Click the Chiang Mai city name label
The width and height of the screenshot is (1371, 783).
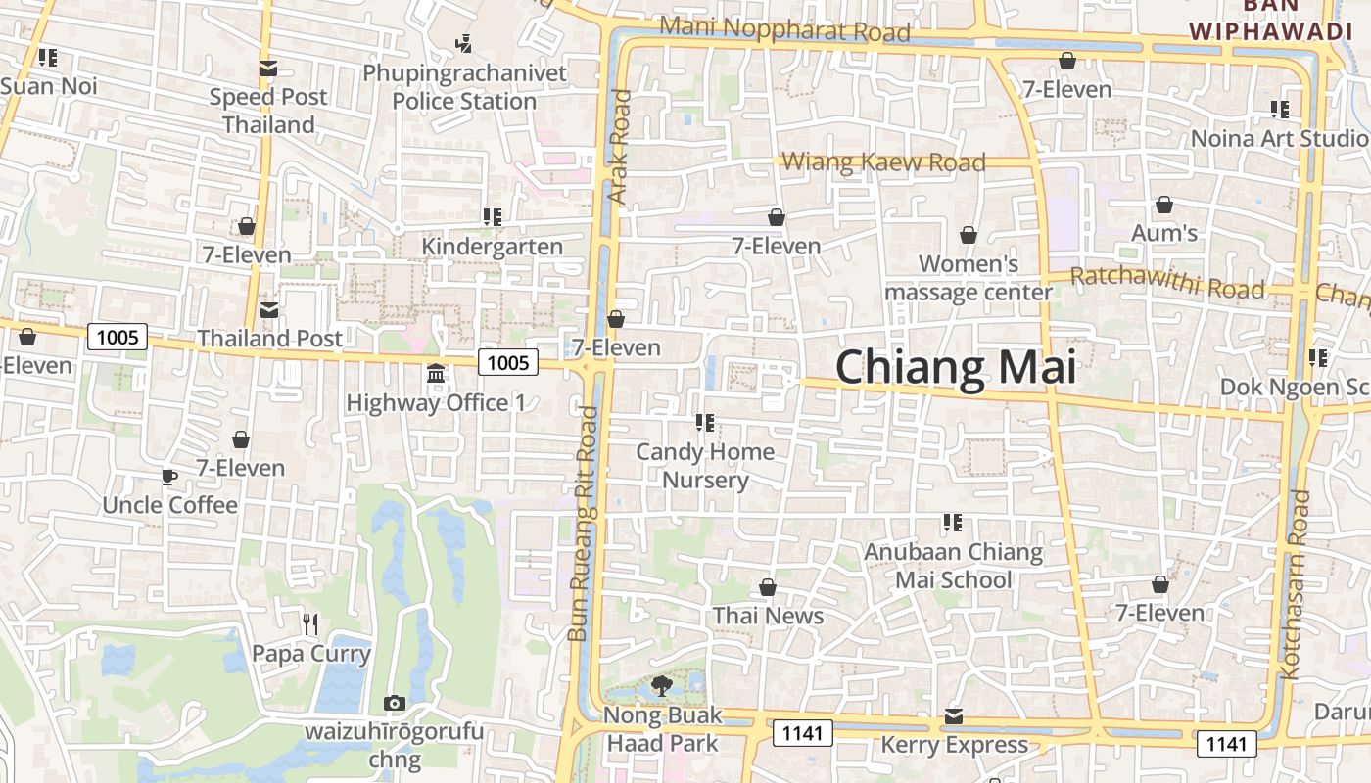coord(955,367)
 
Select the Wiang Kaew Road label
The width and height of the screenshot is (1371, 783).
coord(884,161)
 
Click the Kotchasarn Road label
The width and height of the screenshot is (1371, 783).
coord(1295,584)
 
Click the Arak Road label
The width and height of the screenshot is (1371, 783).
coord(619,147)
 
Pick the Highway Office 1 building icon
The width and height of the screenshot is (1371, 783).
coord(436,373)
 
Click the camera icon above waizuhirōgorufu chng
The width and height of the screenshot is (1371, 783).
coord(395,703)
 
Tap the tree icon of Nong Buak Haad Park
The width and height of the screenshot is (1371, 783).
coord(662,685)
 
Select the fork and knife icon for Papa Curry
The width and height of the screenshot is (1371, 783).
coord(310,623)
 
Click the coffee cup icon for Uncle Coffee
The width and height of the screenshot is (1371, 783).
coord(169,477)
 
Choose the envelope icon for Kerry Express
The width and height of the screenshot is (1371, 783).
coord(954,716)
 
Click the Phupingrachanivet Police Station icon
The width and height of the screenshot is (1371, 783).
coord(464,44)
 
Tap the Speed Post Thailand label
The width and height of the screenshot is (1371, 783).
coord(268,111)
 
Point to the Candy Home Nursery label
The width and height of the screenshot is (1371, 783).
coord(705,466)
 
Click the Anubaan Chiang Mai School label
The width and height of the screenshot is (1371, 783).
coord(953,566)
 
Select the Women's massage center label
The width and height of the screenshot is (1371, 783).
coord(969,278)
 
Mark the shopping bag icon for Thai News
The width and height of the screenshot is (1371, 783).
coord(768,587)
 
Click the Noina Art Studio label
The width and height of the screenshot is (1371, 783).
coord(1279,138)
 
